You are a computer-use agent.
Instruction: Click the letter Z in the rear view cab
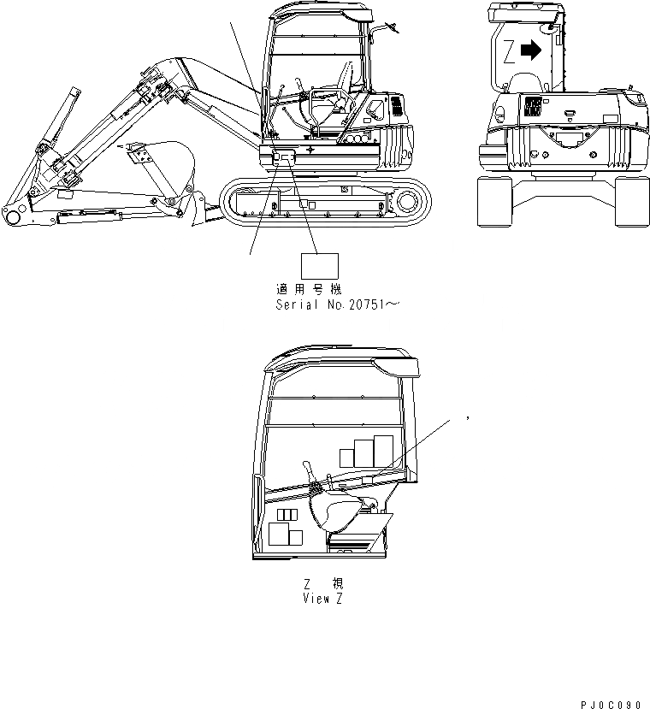(x=510, y=52)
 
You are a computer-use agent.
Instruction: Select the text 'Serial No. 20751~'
(x=335, y=304)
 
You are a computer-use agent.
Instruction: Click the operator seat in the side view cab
(x=340, y=94)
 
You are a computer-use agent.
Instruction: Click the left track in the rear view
(x=494, y=203)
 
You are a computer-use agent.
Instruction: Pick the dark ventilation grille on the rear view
(x=531, y=108)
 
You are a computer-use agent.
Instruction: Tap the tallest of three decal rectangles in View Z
(x=383, y=452)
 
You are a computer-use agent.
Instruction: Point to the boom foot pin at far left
(x=12, y=214)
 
